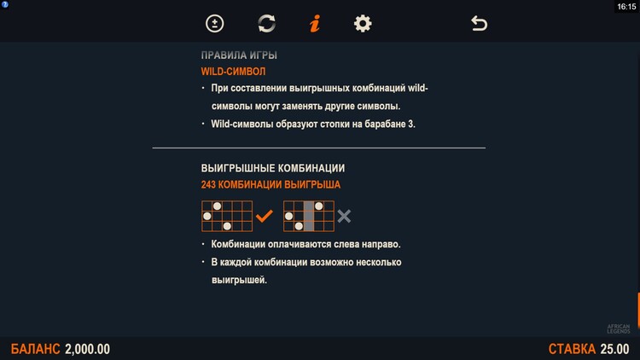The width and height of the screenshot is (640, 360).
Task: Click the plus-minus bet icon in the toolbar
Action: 215,24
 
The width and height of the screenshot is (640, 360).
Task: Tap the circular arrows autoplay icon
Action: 266,23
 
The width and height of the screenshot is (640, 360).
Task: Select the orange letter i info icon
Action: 315,24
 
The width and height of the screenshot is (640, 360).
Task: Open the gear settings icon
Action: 363,24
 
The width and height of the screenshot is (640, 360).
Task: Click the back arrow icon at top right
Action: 480,23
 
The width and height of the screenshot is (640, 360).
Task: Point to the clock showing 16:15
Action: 626,7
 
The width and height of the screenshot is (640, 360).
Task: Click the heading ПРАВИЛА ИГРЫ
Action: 239,55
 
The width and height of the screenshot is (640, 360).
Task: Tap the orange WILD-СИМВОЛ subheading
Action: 233,72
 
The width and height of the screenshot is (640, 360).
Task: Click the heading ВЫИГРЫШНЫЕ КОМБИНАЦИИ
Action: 273,168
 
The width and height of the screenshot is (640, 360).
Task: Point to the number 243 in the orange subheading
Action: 208,184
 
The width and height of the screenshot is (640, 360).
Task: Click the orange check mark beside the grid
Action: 264,216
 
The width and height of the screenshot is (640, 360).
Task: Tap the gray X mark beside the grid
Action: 344,216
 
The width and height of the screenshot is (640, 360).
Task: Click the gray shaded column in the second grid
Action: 309,216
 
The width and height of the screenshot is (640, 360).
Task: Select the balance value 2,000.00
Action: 87,349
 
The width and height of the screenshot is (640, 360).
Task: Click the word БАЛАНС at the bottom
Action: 35,349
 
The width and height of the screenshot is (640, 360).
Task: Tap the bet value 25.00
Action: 614,349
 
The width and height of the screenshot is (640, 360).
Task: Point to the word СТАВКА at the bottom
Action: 572,349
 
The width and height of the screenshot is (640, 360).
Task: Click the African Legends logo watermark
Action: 619,328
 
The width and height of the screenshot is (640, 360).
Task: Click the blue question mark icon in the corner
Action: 5,4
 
